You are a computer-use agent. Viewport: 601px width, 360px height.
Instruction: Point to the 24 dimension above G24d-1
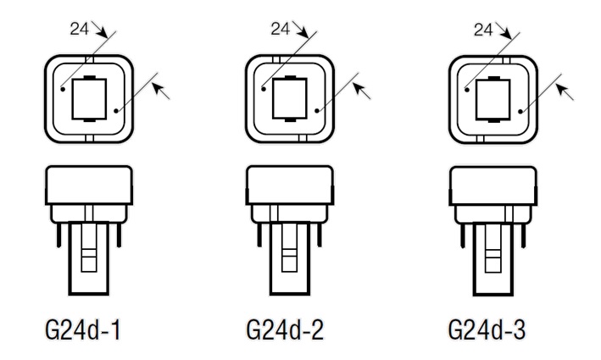pyautogui.click(x=78, y=29)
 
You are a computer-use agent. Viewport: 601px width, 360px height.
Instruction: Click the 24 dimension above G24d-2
pyautogui.click(x=280, y=29)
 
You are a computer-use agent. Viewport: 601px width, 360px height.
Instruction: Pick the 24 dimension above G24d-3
pyautogui.click(x=481, y=29)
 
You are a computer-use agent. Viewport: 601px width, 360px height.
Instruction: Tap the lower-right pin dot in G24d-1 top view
pyautogui.click(x=115, y=108)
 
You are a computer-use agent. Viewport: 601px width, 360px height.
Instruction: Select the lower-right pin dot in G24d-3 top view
pyautogui.click(x=518, y=108)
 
